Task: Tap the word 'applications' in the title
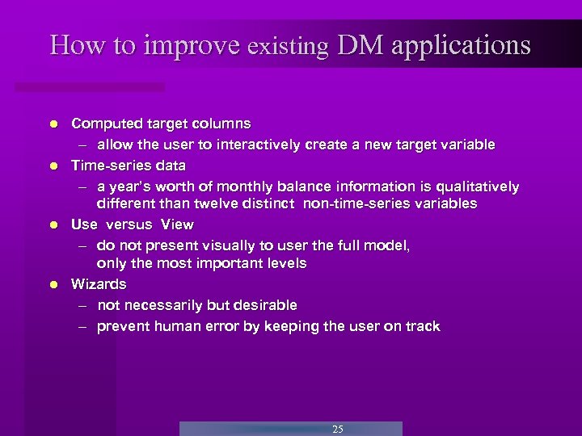pos(462,45)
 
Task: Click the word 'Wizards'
pos(99,284)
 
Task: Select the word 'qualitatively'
pos(475,187)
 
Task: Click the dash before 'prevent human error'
pos(83,327)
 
